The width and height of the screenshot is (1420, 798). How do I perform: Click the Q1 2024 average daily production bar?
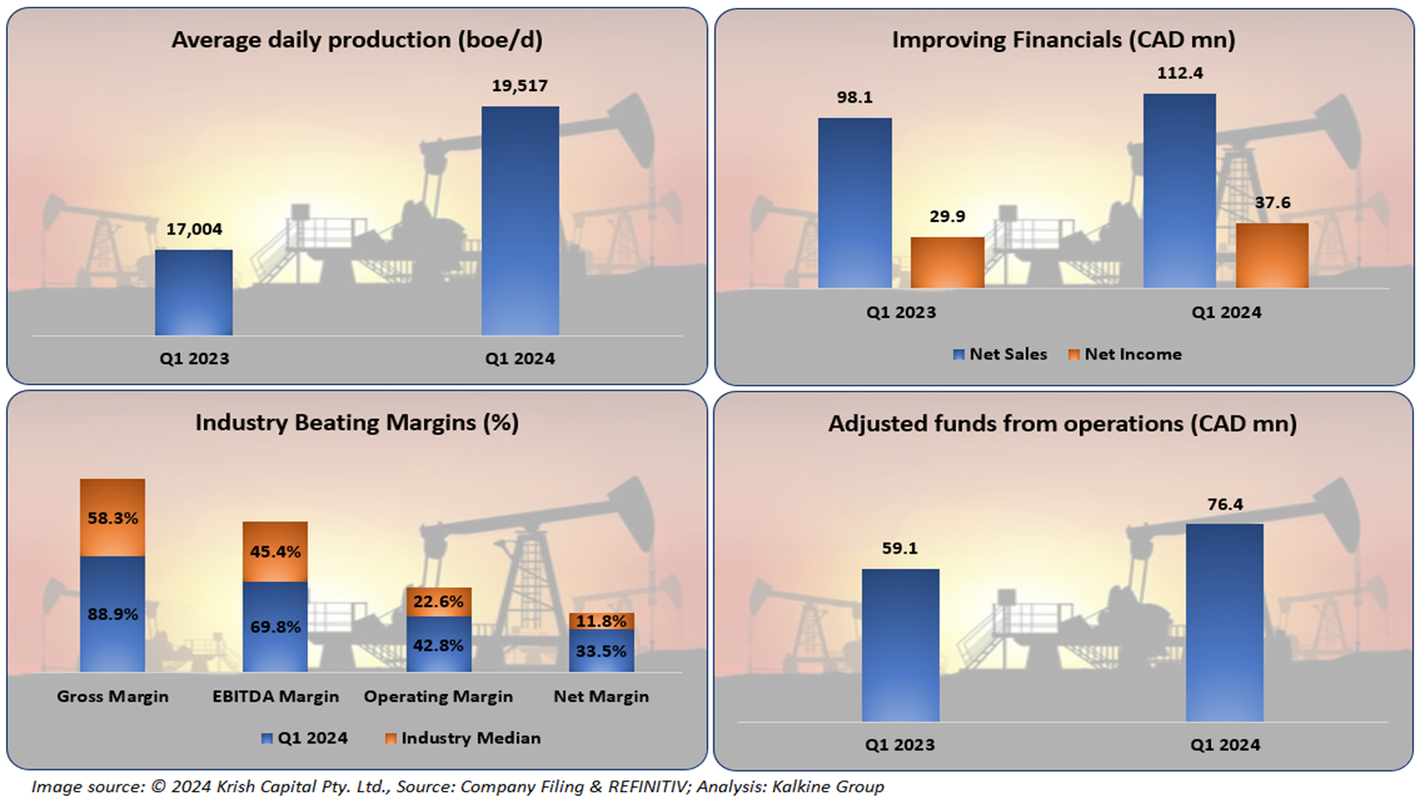(x=521, y=221)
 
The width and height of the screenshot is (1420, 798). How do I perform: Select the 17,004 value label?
(x=194, y=230)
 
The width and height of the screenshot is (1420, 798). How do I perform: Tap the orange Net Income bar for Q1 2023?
(x=947, y=262)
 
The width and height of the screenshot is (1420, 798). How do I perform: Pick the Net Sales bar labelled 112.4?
(x=1180, y=191)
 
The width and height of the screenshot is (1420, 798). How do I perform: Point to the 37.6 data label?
(x=1272, y=204)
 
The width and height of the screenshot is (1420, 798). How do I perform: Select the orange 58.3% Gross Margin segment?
(x=112, y=517)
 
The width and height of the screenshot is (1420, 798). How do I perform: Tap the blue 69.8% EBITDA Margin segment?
(x=275, y=627)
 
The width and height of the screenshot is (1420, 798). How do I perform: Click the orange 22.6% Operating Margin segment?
(x=439, y=601)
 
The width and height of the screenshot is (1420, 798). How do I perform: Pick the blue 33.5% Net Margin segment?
(x=602, y=650)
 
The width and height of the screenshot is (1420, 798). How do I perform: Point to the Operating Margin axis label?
(x=438, y=696)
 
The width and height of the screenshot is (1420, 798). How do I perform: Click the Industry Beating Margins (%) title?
(x=356, y=422)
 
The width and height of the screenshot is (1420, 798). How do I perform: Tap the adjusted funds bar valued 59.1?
(x=900, y=648)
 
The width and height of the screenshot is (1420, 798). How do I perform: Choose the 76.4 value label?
(x=1225, y=505)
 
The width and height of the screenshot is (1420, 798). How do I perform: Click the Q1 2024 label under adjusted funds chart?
(x=1225, y=744)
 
